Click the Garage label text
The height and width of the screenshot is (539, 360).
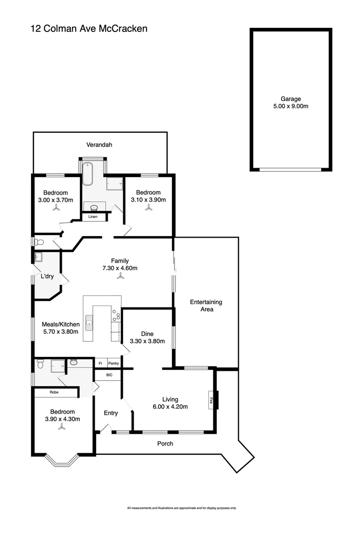click(x=290, y=99)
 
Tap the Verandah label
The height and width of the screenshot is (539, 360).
click(x=99, y=145)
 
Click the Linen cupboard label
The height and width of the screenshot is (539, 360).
click(x=93, y=217)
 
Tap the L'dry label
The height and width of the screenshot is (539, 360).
click(x=47, y=276)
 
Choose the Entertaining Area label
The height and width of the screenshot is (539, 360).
click(x=206, y=305)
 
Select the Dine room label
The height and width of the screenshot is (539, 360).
click(x=147, y=334)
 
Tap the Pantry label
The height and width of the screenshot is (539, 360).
click(x=113, y=364)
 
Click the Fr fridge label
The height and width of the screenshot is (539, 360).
click(x=100, y=364)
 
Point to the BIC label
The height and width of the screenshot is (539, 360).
click(x=109, y=375)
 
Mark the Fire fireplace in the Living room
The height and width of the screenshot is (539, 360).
click(x=212, y=400)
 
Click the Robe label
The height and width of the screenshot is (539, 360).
click(x=55, y=393)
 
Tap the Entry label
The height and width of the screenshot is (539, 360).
click(x=111, y=413)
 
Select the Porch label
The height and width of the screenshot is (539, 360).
click(x=165, y=443)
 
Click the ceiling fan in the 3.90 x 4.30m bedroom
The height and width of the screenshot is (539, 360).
click(x=62, y=427)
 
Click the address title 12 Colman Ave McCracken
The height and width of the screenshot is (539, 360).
click(x=89, y=29)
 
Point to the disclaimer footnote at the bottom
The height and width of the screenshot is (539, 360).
click(x=181, y=508)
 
